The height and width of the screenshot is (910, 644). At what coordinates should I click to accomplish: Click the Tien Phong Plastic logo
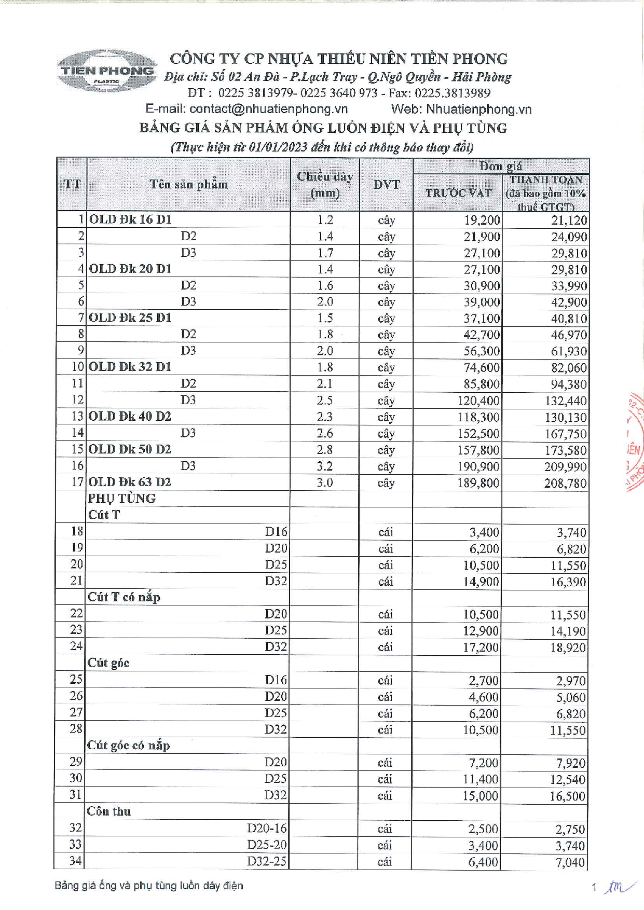[106, 72]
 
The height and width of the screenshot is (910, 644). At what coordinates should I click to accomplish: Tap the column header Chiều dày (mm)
[325, 185]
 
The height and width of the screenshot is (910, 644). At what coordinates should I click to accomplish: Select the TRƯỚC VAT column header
[458, 192]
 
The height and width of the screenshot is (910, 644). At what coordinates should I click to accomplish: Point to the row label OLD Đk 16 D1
[130, 219]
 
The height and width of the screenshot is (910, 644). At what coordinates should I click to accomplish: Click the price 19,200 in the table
[482, 220]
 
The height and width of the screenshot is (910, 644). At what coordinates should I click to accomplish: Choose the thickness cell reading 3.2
[325, 466]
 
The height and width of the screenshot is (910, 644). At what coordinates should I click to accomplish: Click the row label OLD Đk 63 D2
[130, 482]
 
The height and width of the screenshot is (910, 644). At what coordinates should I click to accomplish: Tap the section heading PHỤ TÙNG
[122, 499]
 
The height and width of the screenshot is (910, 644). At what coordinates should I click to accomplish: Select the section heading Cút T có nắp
[124, 597]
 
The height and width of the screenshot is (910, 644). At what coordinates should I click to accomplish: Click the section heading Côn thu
[109, 811]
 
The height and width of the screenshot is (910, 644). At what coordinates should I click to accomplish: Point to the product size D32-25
[267, 862]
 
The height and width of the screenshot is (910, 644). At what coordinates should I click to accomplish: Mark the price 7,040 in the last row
[570, 862]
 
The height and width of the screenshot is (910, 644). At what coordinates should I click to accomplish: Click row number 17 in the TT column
[77, 482]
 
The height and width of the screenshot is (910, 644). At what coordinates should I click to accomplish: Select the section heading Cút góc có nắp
[129, 746]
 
